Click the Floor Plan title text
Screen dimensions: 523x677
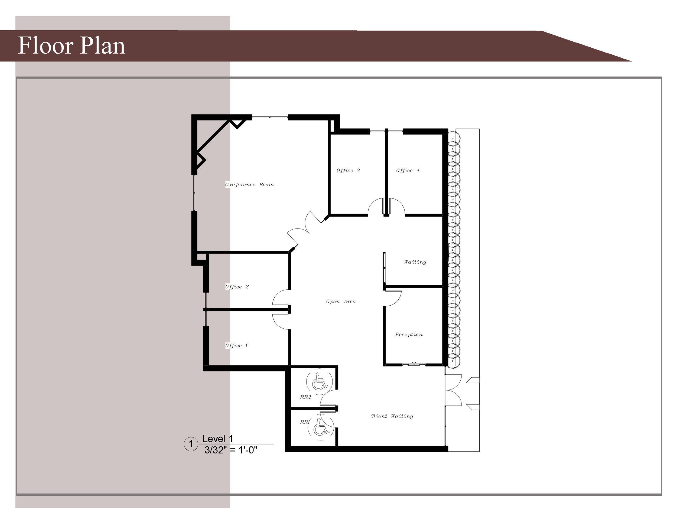71,46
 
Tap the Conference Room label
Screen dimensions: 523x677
249,185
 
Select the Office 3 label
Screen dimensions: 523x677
348,171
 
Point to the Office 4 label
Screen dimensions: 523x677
408,171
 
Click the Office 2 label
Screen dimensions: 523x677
237,287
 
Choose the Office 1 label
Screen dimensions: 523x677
236,345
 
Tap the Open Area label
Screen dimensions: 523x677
341,302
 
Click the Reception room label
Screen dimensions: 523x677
409,334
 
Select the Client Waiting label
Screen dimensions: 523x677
392,416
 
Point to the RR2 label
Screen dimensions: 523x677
305,397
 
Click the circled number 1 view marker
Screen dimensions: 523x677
191,444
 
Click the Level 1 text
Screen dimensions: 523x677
218,439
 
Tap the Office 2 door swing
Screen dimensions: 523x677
281,298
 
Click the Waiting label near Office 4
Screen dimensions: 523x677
415,262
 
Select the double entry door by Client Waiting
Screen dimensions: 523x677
453,390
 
